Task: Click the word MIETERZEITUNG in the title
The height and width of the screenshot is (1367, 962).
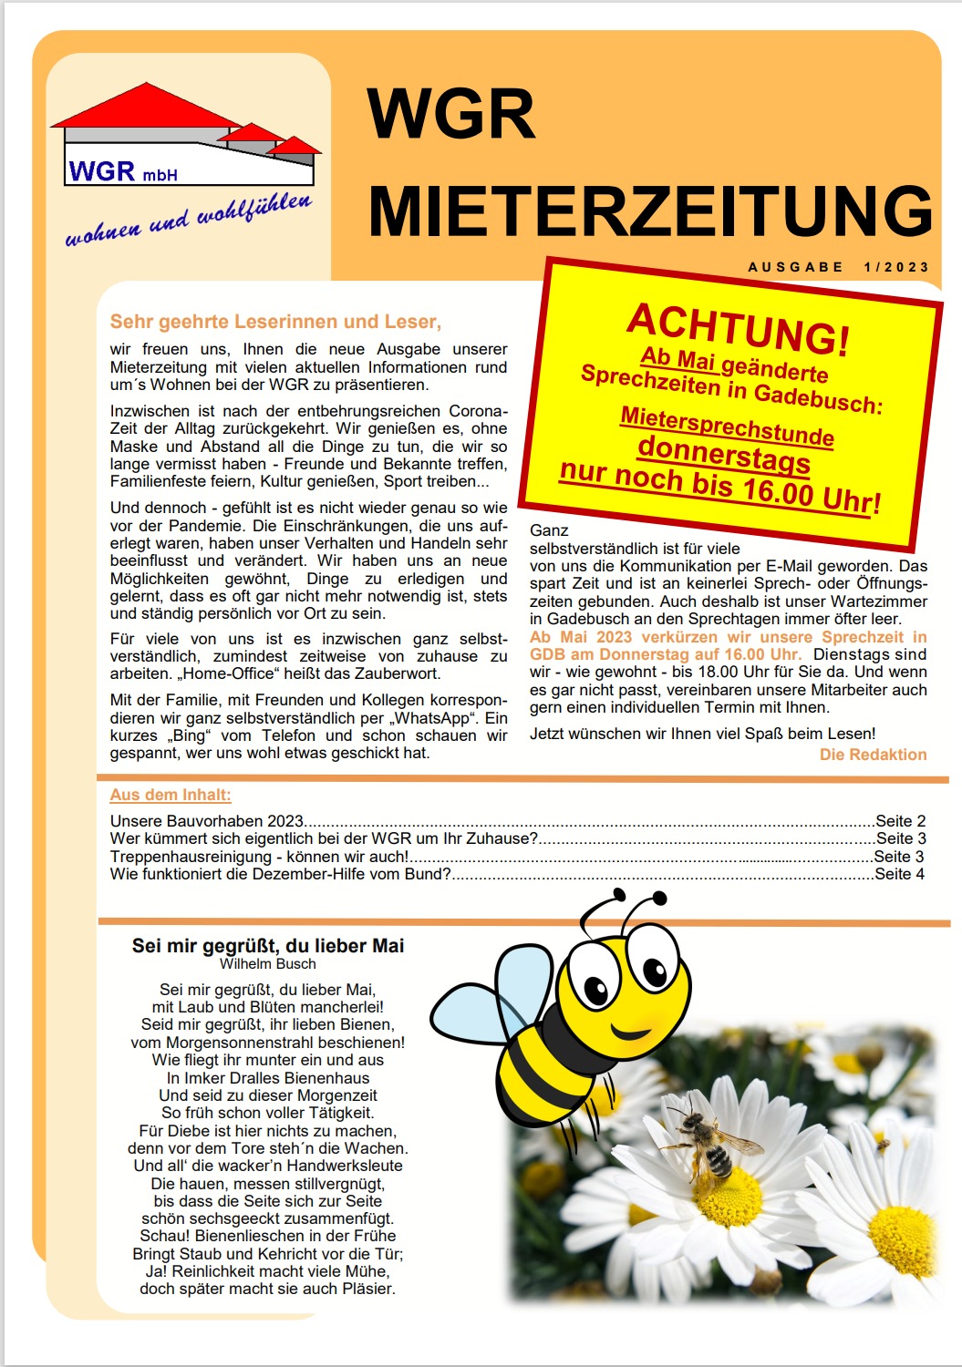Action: (x=649, y=211)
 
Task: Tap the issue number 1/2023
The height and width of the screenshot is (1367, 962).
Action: (x=896, y=267)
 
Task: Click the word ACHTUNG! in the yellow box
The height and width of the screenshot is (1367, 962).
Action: (x=738, y=328)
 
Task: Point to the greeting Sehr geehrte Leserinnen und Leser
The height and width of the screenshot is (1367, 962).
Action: (x=275, y=322)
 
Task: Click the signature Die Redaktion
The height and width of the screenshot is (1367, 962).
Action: (x=873, y=755)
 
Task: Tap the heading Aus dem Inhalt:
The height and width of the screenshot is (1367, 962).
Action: (x=171, y=795)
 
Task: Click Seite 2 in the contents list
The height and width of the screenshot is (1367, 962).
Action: (x=900, y=821)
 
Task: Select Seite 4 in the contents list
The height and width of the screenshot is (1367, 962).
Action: (x=899, y=874)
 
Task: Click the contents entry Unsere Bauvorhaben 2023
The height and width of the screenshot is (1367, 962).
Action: (x=207, y=821)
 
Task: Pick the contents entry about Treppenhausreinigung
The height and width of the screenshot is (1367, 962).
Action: (x=259, y=857)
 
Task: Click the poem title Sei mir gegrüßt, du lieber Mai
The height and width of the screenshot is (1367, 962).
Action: (x=267, y=946)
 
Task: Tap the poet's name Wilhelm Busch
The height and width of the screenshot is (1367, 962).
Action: (x=267, y=964)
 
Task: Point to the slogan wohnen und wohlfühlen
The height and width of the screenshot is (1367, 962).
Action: (x=188, y=220)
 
